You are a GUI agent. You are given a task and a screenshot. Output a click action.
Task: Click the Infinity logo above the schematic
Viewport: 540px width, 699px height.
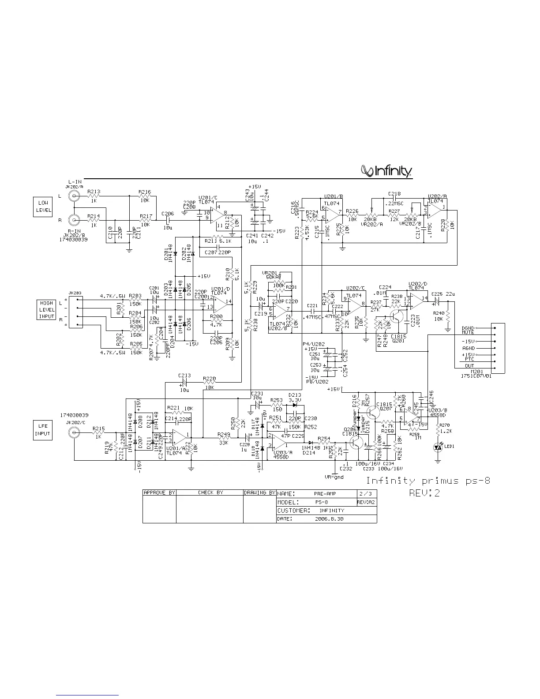click(386, 171)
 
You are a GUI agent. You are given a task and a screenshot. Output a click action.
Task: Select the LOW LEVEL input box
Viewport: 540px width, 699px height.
click(43, 207)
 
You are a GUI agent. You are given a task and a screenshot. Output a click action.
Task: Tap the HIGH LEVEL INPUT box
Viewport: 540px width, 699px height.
click(46, 309)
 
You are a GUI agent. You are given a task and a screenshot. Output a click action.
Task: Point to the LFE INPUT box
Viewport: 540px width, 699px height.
click(43, 430)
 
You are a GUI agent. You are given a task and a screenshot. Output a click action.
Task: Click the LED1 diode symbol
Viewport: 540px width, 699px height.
click(438, 447)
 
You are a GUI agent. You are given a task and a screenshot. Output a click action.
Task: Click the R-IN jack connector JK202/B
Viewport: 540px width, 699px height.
click(73, 219)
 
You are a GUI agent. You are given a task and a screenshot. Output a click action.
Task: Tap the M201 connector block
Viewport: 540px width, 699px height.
click(498, 348)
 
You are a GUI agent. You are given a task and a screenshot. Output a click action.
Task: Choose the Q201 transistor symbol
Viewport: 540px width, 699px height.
click(397, 318)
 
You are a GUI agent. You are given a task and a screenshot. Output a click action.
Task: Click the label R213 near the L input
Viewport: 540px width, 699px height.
click(94, 192)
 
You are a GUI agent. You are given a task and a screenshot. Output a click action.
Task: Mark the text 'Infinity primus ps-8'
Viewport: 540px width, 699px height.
click(428, 481)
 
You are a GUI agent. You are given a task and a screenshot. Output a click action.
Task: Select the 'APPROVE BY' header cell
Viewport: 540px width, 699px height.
click(159, 492)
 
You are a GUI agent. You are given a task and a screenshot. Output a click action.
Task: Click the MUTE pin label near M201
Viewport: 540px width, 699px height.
click(468, 333)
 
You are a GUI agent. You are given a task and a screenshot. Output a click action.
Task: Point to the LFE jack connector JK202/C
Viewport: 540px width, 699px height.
click(74, 432)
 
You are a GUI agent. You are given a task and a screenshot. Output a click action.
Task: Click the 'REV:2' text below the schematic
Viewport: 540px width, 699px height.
click(424, 493)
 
